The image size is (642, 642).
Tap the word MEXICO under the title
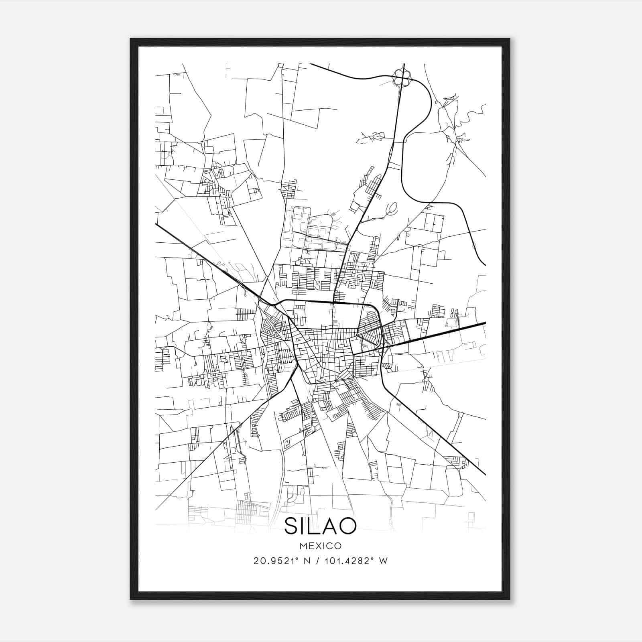coord(320,546)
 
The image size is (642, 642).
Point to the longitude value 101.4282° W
coord(350,561)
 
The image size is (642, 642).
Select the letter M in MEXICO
coord(302,546)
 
